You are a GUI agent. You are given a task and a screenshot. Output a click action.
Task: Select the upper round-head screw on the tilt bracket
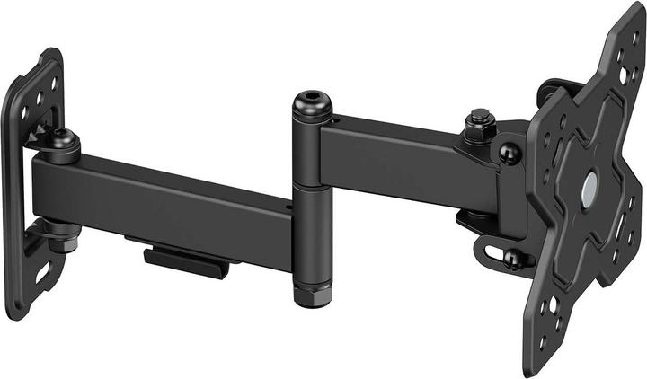coord(509,155)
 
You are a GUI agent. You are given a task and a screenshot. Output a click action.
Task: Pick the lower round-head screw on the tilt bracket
coord(514,260)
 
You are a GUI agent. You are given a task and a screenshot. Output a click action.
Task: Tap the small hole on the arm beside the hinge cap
coord(333,117)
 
